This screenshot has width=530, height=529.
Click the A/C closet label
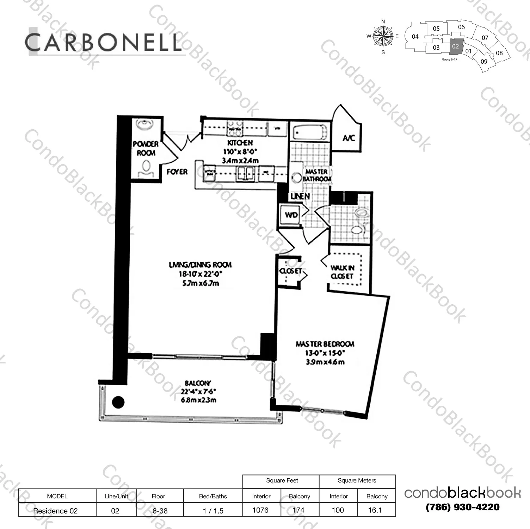tap(348, 138)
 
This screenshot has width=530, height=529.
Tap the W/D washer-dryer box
tap(291, 214)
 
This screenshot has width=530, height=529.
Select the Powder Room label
tap(146, 148)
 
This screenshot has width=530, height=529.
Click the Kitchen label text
tap(240, 143)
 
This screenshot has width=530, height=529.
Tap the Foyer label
tap(177, 172)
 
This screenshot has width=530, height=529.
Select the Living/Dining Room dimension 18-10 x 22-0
tap(201, 274)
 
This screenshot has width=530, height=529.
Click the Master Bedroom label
tap(325, 344)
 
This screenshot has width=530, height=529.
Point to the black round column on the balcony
tap(118, 402)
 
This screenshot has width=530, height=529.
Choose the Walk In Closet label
tap(342, 272)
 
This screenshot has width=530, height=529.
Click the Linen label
tap(300, 196)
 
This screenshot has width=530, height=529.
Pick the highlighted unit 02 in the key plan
tap(455, 46)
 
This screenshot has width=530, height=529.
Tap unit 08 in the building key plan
tap(499, 53)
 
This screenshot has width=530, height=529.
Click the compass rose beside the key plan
tap(383, 36)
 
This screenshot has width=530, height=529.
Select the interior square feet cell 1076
tap(260, 510)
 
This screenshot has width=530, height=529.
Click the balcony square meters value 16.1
tap(375, 510)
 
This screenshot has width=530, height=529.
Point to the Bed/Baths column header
tap(213, 496)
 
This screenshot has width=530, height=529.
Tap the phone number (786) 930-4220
tap(462, 507)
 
